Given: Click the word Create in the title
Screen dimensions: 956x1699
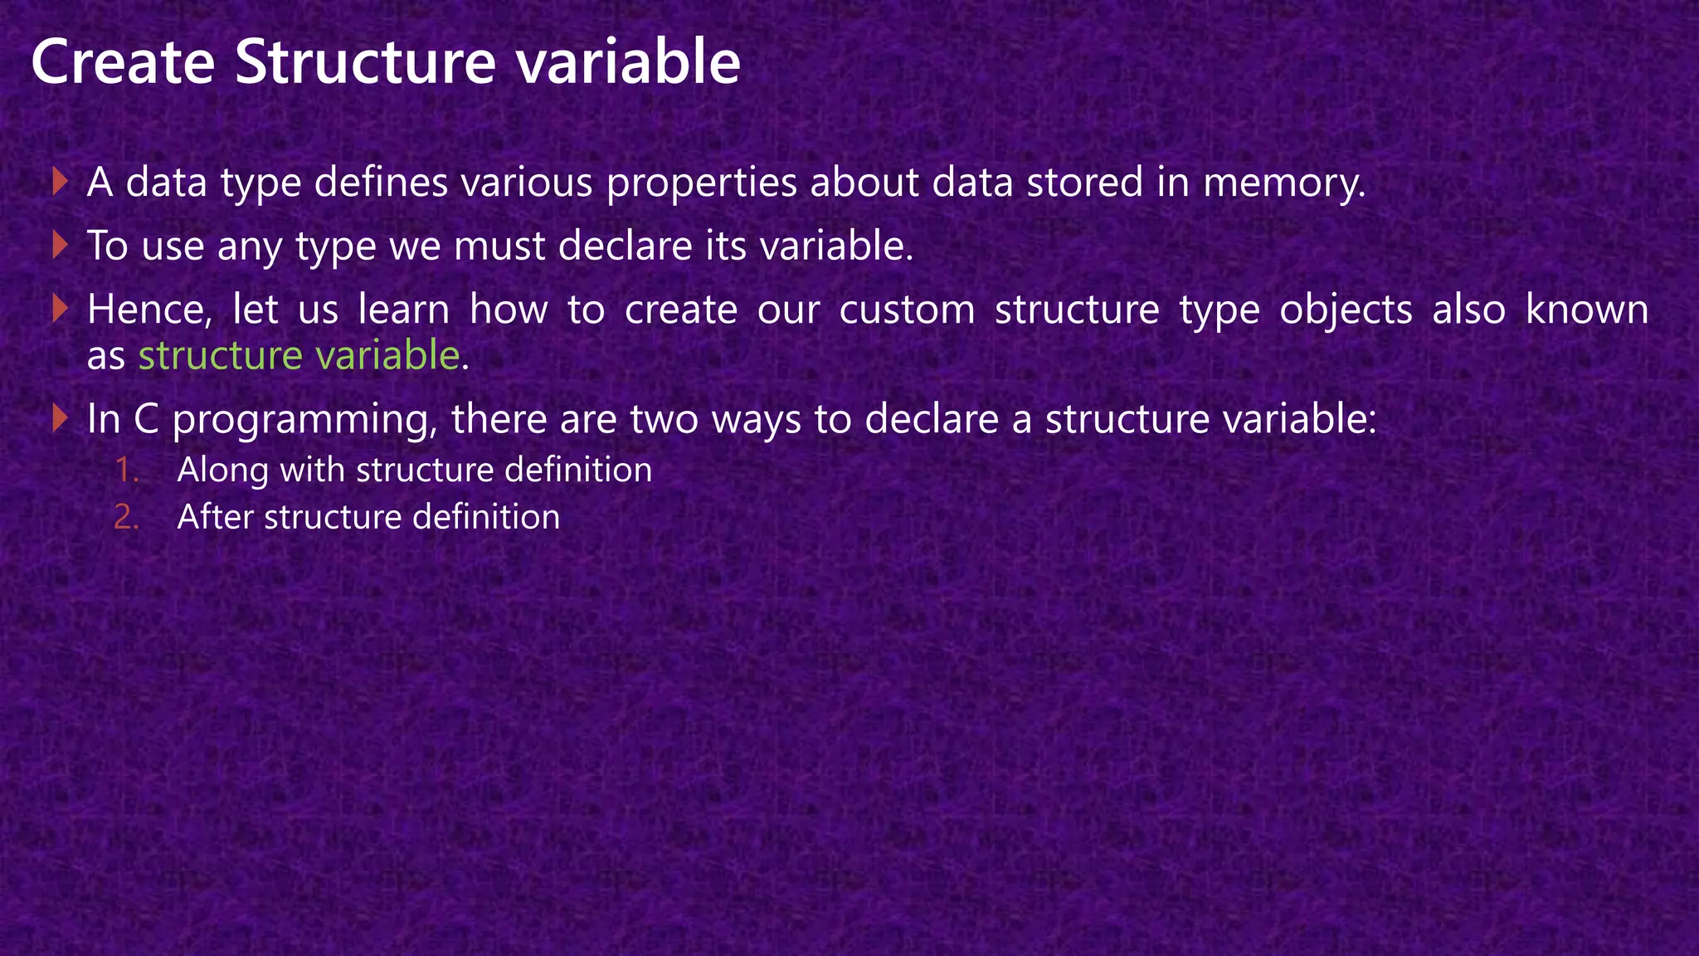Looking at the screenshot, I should [123, 62].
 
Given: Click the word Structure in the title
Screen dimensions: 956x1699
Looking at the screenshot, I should [365, 62].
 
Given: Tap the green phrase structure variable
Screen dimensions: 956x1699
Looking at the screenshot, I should [299, 356].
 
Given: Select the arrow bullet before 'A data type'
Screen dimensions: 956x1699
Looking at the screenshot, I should [59, 182].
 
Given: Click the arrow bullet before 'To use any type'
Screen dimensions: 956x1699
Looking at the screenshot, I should [59, 246].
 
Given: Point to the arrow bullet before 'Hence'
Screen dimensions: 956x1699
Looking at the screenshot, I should [59, 310].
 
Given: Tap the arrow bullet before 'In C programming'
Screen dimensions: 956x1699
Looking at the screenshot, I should [59, 418].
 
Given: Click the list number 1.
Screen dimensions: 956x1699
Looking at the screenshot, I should [126, 471].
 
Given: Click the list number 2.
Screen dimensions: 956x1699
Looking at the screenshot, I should [126, 518].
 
